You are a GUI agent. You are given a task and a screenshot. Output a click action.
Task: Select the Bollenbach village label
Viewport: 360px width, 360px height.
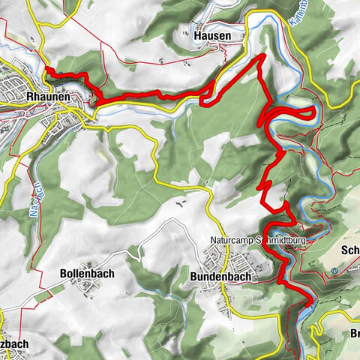tap(87, 274)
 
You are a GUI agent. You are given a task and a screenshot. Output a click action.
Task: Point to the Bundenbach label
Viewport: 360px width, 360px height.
tap(219, 276)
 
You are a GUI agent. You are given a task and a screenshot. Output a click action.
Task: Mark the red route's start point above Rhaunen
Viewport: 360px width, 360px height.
tap(46, 69)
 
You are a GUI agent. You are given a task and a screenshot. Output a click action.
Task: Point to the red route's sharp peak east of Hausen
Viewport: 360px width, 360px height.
tap(263, 56)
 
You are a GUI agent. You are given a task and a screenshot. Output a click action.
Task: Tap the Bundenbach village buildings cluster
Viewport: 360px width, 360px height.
tap(236, 263)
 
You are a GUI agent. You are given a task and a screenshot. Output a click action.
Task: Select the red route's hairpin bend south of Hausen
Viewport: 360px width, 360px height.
tap(204, 95)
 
